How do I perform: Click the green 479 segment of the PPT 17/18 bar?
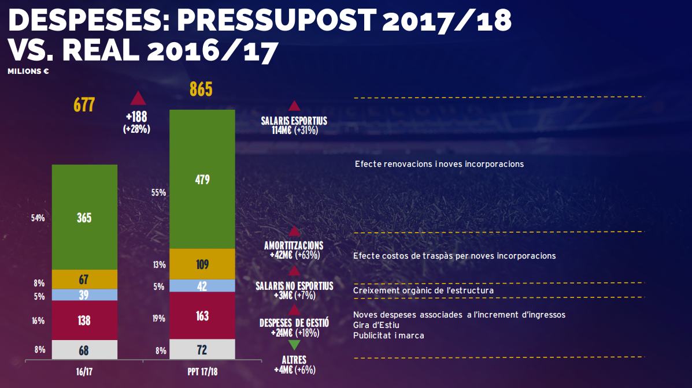(202, 179)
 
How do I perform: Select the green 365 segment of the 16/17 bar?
(84, 217)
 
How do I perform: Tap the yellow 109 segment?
(202, 264)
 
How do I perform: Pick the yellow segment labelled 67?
(84, 279)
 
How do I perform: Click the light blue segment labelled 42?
(202, 286)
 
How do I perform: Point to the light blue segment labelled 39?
(84, 294)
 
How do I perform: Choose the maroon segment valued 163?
(202, 316)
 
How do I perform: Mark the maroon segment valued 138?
(84, 320)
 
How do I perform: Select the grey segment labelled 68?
(84, 350)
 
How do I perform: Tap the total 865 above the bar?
(201, 89)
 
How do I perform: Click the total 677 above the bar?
(84, 105)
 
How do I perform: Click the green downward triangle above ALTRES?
(294, 346)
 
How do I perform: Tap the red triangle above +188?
(136, 98)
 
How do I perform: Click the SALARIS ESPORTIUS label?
(294, 121)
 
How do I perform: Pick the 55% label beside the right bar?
(159, 193)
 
